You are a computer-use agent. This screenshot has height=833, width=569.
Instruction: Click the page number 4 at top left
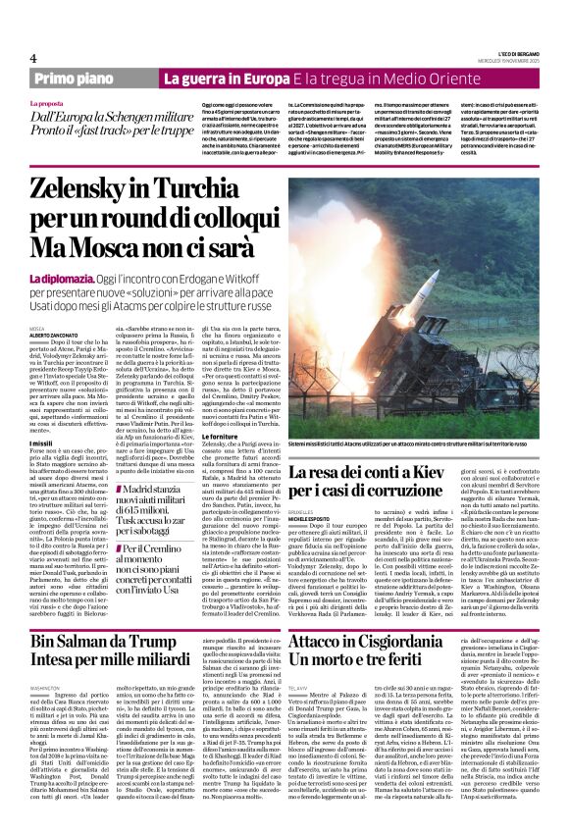pos(33,59)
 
